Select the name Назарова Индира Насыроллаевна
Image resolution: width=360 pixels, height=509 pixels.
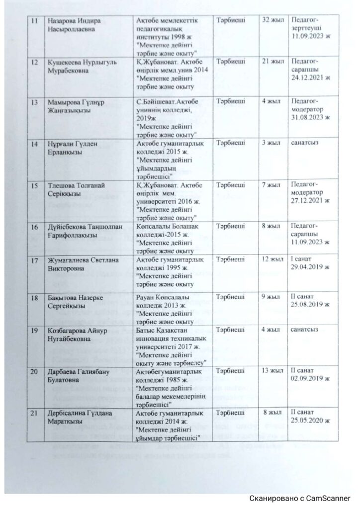click(75, 26)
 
